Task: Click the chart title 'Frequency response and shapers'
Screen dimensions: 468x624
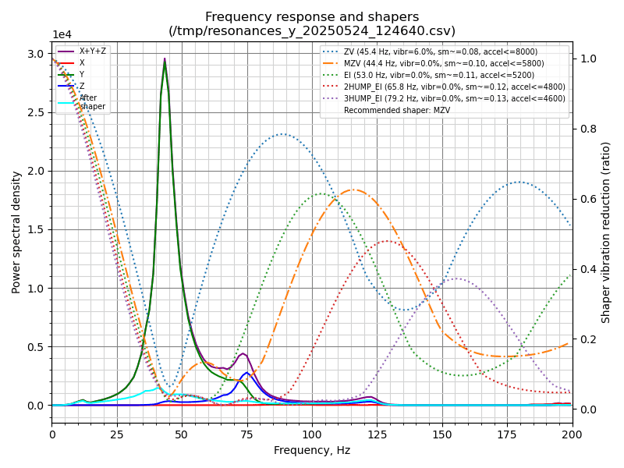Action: (x=312, y=17)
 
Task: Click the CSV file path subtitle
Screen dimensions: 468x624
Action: (x=312, y=31)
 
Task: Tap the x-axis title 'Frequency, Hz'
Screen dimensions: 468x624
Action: (x=312, y=450)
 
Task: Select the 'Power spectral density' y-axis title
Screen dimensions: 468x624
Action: (x=16, y=232)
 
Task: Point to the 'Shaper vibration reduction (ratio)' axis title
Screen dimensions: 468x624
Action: (x=606, y=232)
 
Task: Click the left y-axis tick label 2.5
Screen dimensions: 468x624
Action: (x=36, y=112)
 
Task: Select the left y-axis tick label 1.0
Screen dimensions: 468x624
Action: (x=36, y=289)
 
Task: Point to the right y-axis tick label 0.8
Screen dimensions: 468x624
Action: (x=586, y=129)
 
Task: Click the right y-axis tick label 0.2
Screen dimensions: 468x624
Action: (x=586, y=339)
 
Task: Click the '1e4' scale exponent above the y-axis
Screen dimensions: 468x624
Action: (x=62, y=35)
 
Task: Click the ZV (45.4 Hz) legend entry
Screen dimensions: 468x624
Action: (x=440, y=51)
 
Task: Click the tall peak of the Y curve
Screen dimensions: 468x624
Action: (x=165, y=62)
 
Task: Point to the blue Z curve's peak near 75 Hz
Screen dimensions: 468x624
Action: (x=246, y=373)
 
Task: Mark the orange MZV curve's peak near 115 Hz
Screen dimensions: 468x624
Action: (x=353, y=190)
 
